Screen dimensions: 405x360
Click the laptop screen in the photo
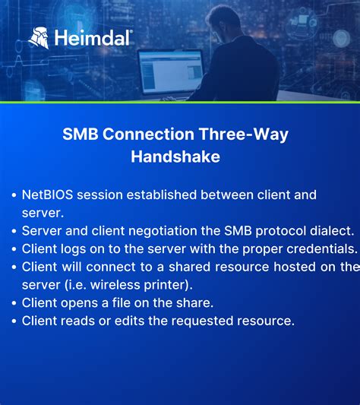[172, 72]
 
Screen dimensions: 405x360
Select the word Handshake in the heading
[175, 157]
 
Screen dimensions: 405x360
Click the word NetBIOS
[46, 195]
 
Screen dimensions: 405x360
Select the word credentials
[317, 248]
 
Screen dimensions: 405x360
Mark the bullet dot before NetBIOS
[14, 195]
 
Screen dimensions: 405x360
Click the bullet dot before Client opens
[14, 303]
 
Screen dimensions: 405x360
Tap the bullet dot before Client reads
[14, 321]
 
